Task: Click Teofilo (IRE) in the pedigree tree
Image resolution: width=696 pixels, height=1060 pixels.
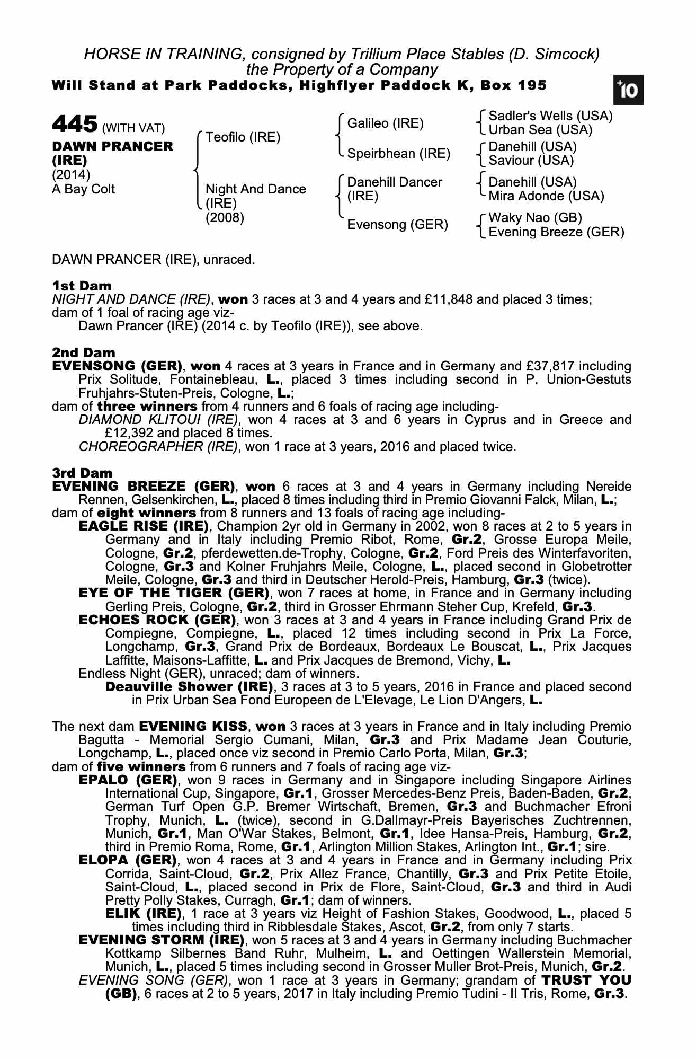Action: (243, 137)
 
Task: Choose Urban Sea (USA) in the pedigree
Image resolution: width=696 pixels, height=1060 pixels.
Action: (540, 130)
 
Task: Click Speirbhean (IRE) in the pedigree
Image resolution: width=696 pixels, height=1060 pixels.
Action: (398, 154)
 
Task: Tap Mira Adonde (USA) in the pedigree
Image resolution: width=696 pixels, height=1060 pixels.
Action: (546, 196)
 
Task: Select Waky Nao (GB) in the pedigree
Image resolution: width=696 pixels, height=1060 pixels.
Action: (535, 218)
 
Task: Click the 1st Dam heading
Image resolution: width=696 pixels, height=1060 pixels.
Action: (82, 286)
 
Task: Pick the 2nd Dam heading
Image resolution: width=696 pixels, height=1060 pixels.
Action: (83, 352)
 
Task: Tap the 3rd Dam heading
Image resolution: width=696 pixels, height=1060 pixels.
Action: (82, 473)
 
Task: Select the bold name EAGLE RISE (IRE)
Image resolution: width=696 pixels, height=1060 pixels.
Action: (143, 526)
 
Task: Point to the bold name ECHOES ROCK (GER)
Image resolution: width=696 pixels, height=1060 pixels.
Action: (157, 620)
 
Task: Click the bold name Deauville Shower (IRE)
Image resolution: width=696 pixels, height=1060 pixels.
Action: (189, 687)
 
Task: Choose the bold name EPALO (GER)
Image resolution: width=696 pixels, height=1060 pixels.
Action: (127, 780)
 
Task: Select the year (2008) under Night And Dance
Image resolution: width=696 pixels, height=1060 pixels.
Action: (225, 218)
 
